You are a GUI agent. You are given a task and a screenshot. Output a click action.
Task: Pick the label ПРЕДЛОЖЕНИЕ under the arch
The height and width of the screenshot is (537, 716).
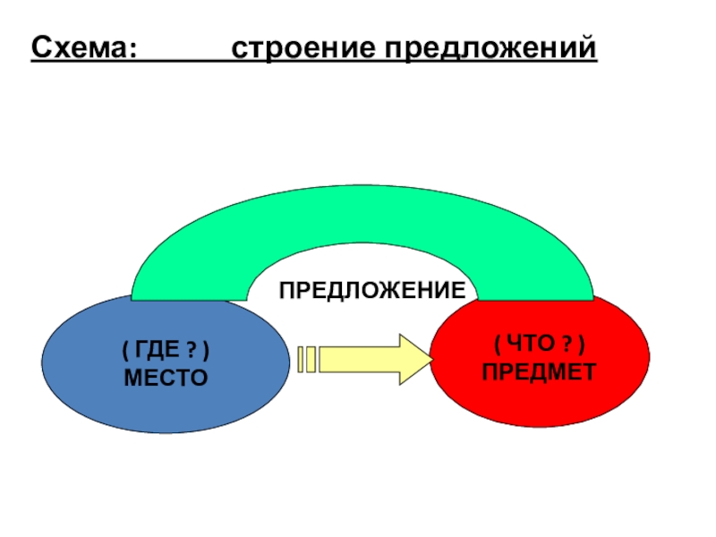pos(371,290)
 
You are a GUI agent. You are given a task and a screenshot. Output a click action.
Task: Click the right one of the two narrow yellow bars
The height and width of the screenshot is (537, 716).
pos(311,359)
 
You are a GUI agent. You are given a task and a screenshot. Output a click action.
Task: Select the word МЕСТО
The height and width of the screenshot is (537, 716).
pos(166,378)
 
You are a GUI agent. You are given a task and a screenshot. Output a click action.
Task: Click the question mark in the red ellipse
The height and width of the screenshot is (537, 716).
pos(567,345)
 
